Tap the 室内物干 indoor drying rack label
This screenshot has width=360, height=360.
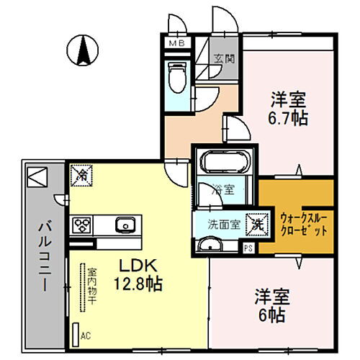(x=92, y=287)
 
